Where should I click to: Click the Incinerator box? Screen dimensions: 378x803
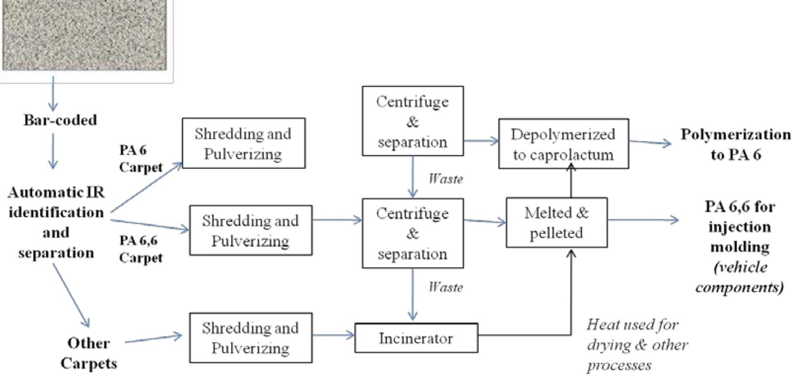point(416,338)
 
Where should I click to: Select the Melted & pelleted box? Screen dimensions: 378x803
point(556,223)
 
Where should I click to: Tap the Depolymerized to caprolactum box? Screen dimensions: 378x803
point(563,144)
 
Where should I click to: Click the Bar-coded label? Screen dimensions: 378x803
point(60,120)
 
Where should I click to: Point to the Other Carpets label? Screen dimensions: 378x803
point(89,353)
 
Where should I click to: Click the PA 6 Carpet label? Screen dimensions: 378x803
point(140,158)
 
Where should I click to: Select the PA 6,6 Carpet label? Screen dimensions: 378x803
point(140,249)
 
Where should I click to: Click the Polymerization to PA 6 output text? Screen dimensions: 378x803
point(736,144)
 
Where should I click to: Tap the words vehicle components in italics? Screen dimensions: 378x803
point(739,277)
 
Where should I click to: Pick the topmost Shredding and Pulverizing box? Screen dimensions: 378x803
point(243,143)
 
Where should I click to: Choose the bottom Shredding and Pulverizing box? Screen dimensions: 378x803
point(251,338)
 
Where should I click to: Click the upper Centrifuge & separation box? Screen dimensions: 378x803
point(413,121)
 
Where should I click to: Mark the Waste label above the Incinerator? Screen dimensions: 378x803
point(446,287)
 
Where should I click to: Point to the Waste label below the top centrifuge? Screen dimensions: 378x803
point(446,178)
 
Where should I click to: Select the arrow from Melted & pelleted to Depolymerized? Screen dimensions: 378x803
point(571,182)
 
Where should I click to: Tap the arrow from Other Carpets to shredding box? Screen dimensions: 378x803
point(153,339)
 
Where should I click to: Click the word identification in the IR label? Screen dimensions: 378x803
point(56,212)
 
